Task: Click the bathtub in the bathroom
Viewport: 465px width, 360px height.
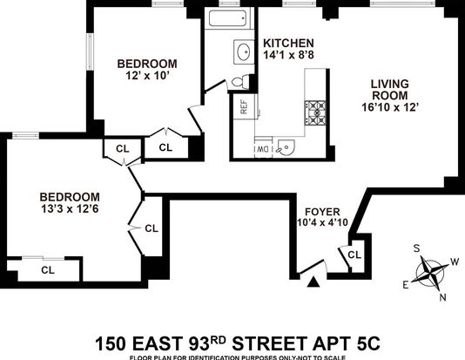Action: click(228, 18)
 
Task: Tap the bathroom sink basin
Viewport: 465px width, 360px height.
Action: click(244, 52)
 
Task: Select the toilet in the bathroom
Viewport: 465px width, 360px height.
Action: click(240, 82)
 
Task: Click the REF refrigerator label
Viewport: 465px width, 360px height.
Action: click(244, 107)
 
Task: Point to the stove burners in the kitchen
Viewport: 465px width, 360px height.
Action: click(315, 112)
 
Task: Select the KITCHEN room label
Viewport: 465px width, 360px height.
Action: click(288, 44)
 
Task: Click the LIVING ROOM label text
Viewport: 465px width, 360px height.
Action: click(390, 90)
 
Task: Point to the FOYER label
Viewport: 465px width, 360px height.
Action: click(322, 212)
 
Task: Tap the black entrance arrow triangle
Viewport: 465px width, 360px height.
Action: click(313, 282)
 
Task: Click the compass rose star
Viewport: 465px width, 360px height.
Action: click(429, 272)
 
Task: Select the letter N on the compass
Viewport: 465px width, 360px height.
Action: click(442, 297)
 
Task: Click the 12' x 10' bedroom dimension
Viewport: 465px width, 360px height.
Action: click(147, 76)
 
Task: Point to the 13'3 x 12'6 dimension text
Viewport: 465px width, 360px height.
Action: click(70, 209)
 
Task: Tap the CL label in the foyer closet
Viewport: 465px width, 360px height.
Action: click(354, 255)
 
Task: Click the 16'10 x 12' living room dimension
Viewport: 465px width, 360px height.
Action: click(390, 107)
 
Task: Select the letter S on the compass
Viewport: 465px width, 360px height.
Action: click(416, 248)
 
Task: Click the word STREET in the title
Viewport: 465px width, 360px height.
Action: click(269, 343)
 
